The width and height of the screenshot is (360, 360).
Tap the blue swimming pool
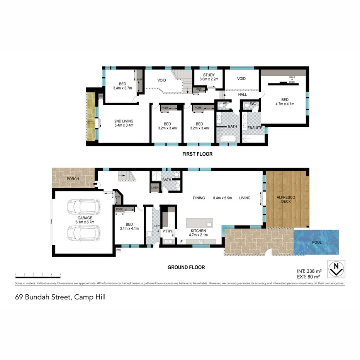[x=316, y=242]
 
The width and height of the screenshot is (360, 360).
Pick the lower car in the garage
[x=83, y=233]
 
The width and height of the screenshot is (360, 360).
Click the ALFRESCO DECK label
[x=286, y=199]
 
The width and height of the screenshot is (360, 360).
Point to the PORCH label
[x=73, y=179]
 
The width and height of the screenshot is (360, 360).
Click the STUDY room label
[x=209, y=75]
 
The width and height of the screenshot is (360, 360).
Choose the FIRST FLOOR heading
[x=197, y=154]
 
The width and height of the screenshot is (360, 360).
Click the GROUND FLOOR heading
[x=186, y=267]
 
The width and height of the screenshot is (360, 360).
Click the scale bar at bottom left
[x=38, y=273]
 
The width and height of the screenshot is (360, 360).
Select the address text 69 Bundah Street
[x=60, y=297]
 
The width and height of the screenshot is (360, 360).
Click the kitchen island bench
[x=199, y=223]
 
